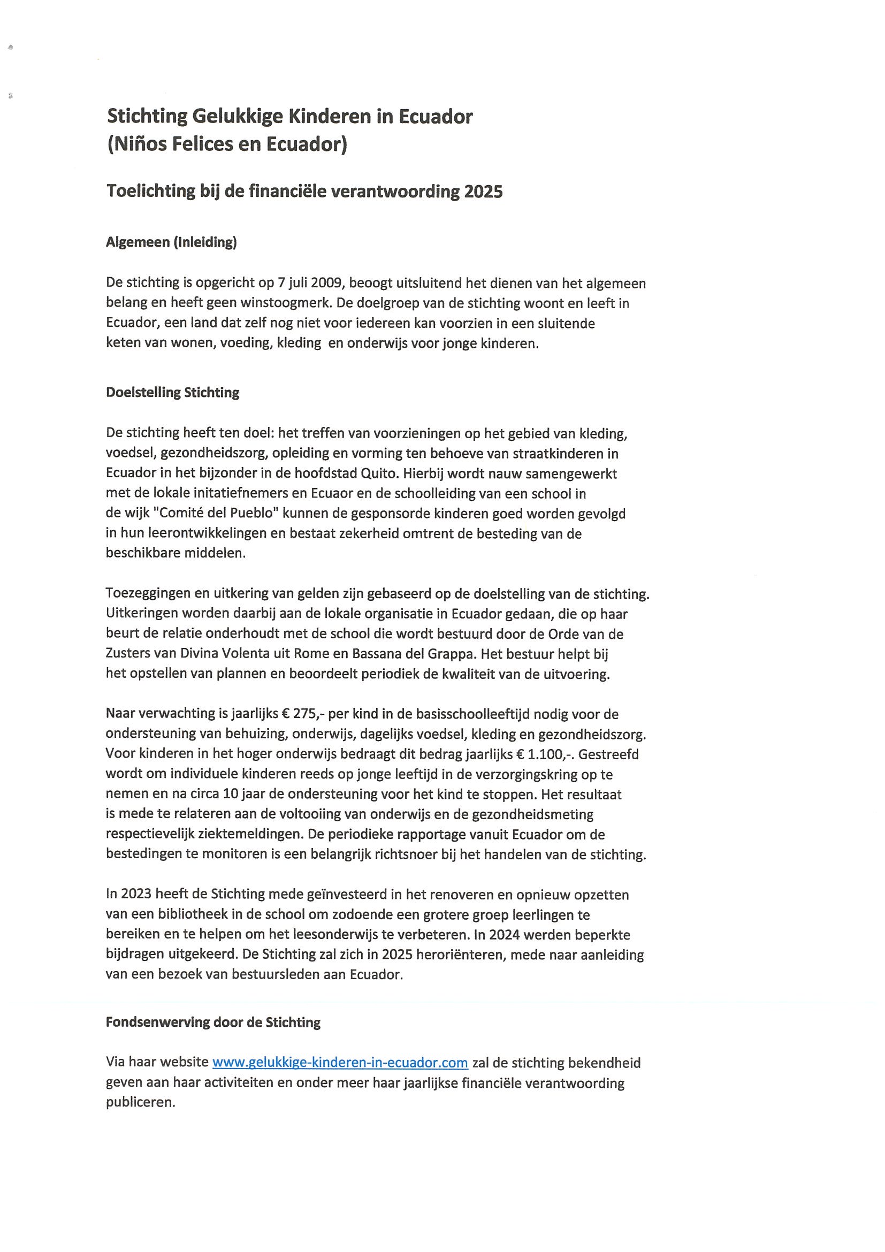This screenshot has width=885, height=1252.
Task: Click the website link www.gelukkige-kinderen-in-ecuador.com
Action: tap(340, 1062)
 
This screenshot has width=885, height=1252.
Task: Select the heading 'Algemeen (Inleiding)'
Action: tap(171, 243)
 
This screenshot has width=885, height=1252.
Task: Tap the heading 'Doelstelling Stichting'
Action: tap(172, 393)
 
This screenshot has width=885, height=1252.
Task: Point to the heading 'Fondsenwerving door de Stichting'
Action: tap(212, 1022)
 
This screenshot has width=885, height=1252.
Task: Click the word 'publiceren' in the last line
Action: tap(140, 1102)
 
